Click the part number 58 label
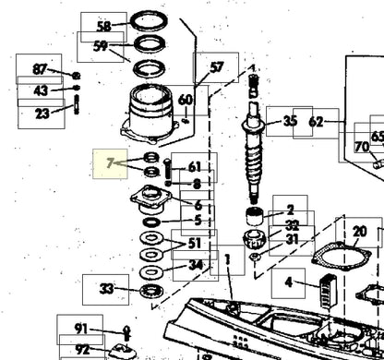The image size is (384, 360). point(103,27)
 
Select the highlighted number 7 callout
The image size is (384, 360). point(110,163)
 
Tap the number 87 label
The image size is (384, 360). point(39,69)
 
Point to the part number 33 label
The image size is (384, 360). point(106,289)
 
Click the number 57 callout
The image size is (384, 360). point(216,67)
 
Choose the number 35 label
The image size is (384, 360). point(289,121)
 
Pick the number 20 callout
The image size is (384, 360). point(359,232)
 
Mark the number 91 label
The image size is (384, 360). point(80,330)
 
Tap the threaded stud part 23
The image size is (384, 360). point(77,105)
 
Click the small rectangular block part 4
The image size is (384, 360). point(328,292)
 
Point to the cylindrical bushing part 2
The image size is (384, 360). point(255,216)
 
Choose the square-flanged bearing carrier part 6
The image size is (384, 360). point(150,199)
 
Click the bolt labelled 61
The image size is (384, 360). point(167,170)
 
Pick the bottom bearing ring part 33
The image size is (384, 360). point(151,291)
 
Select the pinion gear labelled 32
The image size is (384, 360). point(255,239)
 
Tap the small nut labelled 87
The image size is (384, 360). point(77,75)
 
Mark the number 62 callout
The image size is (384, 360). point(316,123)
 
